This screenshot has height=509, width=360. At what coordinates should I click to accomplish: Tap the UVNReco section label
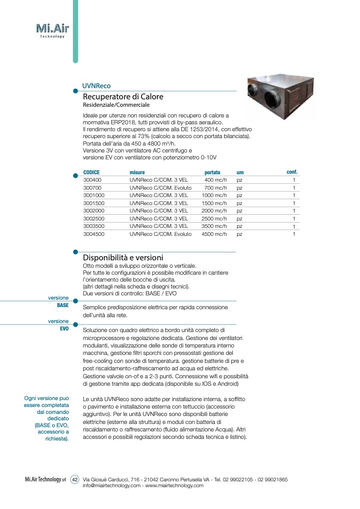tap(96, 86)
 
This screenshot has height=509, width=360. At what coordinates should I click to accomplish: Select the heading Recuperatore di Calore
tap(123, 97)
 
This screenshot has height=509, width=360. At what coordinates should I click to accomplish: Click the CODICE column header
tap(91, 173)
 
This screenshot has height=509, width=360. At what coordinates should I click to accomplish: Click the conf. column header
tap(292, 172)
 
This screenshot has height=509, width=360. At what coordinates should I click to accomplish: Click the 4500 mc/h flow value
tap(214, 234)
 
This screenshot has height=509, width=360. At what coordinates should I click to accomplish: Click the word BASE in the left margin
tap(63, 306)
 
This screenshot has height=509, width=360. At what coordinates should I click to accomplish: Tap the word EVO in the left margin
tap(64, 329)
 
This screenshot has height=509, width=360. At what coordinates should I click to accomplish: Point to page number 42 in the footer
tap(75, 479)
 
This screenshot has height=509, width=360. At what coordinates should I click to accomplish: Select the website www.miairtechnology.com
tap(174, 486)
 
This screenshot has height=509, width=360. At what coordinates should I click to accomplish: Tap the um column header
tap(240, 173)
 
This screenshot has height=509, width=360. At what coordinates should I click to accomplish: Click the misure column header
tap(137, 173)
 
